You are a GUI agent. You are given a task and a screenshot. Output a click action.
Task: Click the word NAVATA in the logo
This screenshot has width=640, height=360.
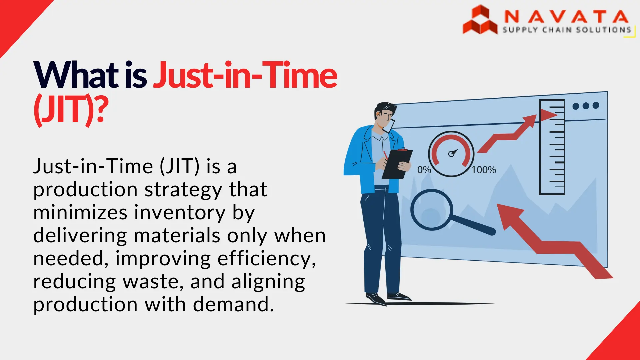tap(566, 16)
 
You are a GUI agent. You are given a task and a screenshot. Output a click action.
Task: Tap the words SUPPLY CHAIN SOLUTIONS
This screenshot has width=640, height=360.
tap(567, 30)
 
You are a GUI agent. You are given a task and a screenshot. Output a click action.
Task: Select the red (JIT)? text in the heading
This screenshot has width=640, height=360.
tap(71, 110)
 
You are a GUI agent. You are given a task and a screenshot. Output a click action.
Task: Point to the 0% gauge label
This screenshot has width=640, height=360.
tap(424, 170)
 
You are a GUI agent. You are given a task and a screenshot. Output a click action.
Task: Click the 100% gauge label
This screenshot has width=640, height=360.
tap(484, 170)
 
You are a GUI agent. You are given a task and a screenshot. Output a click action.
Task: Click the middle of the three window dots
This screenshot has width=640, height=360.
tap(586, 106)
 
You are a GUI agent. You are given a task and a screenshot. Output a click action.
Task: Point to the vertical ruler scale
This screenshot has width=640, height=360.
tap(552, 147)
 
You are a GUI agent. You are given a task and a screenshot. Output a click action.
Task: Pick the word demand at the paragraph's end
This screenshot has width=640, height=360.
tap(233, 304)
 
